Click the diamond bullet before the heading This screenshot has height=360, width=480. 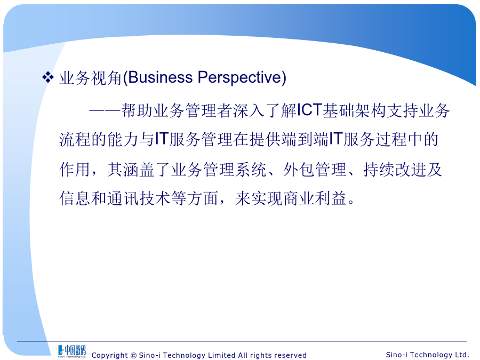pyautogui.click(x=48, y=77)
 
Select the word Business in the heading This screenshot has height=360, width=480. pyautogui.click(x=161, y=77)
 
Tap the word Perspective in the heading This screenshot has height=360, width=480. pyautogui.click(x=239, y=78)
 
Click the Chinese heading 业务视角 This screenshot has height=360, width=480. pyautogui.click(x=91, y=78)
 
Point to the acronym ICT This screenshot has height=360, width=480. pyautogui.click(x=309, y=110)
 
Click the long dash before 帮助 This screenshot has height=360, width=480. pyautogui.click(x=105, y=110)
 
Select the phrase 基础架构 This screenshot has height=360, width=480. pyautogui.click(x=355, y=110)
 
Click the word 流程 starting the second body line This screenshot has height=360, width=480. pyautogui.click(x=75, y=140)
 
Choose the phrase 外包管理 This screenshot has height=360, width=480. pyautogui.click(x=315, y=169)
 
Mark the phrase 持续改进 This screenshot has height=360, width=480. pyautogui.click(x=395, y=169)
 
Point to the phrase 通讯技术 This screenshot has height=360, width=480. pyautogui.click(x=139, y=198)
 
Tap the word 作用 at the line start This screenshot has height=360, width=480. pyautogui.click(x=75, y=169)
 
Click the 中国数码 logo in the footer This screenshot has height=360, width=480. pyautogui.click(x=71, y=351)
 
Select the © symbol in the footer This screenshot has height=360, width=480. pyautogui.click(x=133, y=355)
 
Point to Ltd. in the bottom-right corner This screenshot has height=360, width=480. pyautogui.click(x=462, y=355)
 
